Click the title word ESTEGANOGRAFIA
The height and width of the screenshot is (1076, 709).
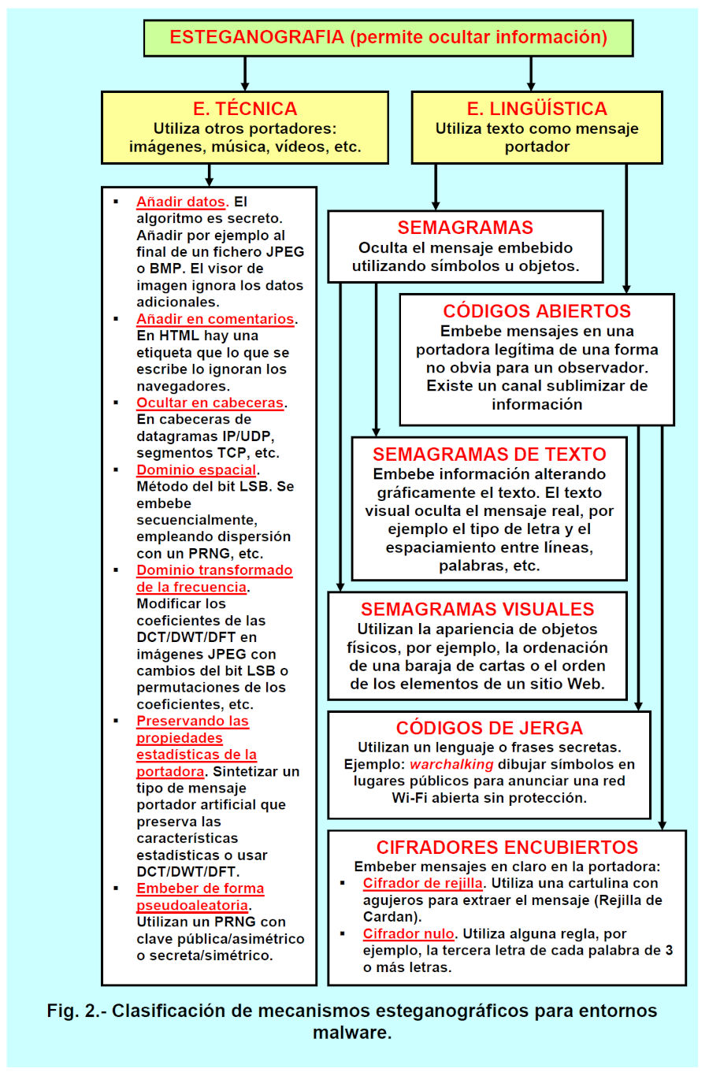point(257,37)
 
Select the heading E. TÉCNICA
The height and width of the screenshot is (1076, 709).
point(245,109)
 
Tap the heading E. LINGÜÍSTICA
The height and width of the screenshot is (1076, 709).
point(536,109)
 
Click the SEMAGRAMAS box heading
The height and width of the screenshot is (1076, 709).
point(465,228)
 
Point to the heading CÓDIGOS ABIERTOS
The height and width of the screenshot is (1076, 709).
point(536,311)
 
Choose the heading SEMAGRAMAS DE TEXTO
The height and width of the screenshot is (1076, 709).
point(489,455)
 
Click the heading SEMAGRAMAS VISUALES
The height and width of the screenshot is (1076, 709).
point(477,609)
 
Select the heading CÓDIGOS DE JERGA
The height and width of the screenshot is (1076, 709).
point(489,728)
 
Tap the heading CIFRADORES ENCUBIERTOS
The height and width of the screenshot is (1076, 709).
point(507,848)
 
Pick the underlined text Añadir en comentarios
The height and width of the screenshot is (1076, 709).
point(215,319)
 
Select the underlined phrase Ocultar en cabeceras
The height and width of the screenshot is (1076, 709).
point(210,403)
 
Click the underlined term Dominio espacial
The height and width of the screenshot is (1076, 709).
point(196,470)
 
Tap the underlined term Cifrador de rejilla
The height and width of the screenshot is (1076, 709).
point(422,884)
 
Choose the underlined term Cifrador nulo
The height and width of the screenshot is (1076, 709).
point(408,934)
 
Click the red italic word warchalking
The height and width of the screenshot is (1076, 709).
point(451,764)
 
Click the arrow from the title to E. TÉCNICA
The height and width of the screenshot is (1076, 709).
point(245,74)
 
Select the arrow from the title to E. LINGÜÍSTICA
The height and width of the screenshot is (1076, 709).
point(531,74)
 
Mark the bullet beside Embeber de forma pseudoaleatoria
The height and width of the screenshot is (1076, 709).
point(117,889)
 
